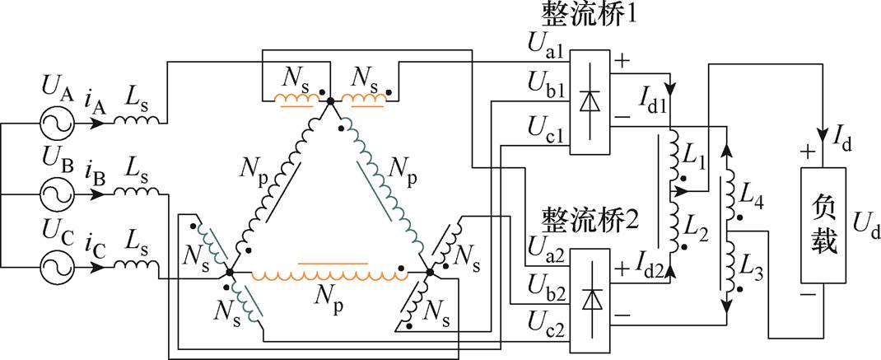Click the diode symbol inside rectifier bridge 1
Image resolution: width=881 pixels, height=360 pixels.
pyautogui.click(x=589, y=101)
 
